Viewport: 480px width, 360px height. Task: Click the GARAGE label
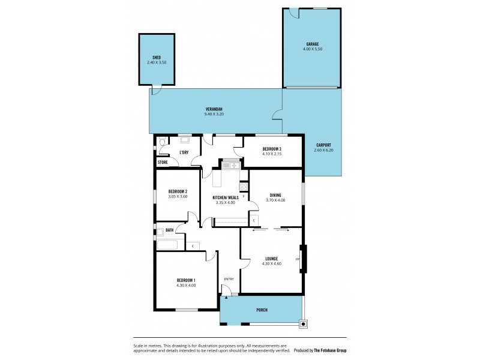coord(311,44)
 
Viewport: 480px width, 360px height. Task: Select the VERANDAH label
coord(214,109)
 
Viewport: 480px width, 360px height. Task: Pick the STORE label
coord(163,162)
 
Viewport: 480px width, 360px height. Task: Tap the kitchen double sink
coord(230,165)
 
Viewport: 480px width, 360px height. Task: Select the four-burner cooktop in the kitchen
coord(244,186)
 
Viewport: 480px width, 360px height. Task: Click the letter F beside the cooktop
coord(244,196)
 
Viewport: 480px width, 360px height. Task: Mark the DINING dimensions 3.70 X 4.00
coord(275,200)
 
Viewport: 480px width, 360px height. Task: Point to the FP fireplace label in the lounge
coord(297,259)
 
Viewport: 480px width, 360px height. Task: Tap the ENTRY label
coord(229,279)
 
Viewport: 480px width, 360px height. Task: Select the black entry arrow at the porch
coord(226,296)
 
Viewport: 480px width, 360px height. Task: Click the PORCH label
coord(262,310)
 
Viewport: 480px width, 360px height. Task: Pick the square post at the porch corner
coord(304,324)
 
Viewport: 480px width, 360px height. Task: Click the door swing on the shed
coord(156,90)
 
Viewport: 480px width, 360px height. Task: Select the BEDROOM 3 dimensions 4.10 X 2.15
coord(272,154)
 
